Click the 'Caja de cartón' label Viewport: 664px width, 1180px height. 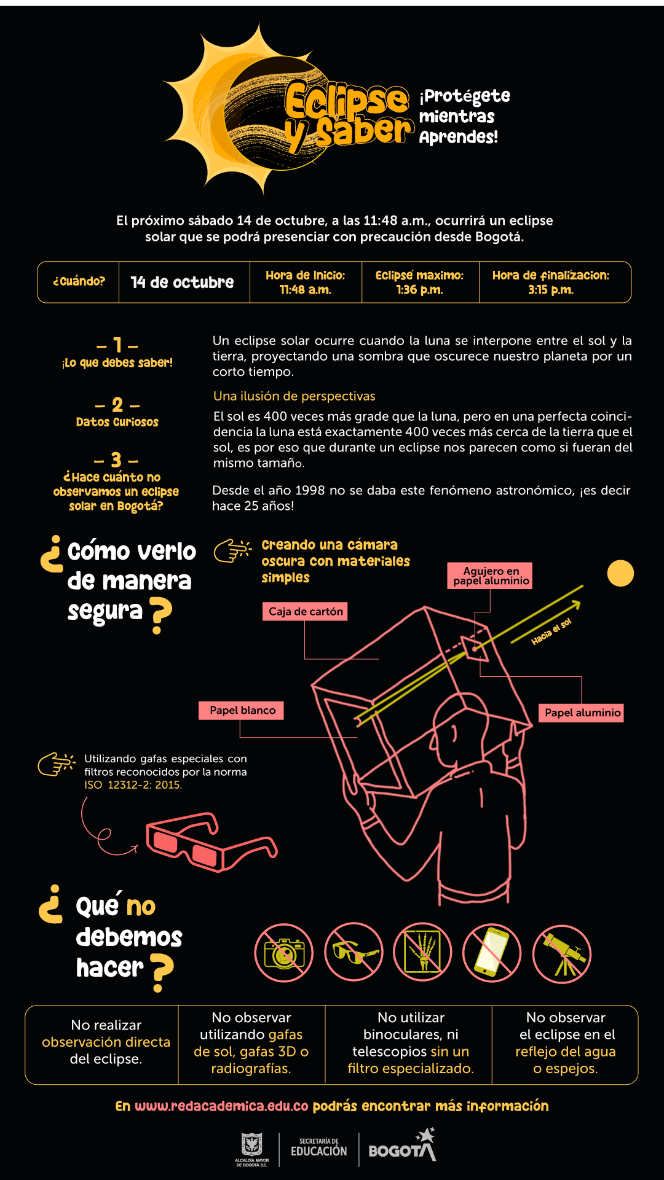coord(306,611)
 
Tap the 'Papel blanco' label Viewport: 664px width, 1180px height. coord(242,710)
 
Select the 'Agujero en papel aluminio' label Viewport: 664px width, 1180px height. coord(491,576)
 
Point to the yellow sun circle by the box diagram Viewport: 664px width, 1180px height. coord(620,573)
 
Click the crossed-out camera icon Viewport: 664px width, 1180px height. coord(284,953)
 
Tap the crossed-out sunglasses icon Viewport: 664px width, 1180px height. coord(354,952)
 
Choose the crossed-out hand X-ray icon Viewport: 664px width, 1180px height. coord(422,952)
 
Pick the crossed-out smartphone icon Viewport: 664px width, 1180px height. coord(492,953)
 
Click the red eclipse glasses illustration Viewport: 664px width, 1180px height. coord(209,842)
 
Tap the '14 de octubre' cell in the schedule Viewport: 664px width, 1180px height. coord(183,283)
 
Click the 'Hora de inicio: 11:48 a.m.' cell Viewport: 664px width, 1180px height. coord(305,283)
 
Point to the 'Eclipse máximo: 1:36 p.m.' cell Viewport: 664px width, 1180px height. coord(419,283)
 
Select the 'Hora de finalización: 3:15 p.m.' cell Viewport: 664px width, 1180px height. coord(551,283)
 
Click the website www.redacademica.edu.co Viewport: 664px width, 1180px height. coord(221,1106)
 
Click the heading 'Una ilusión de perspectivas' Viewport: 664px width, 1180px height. coord(294,396)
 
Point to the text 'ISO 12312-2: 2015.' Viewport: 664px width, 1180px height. coord(133,784)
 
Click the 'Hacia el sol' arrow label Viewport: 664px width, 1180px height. coord(551,632)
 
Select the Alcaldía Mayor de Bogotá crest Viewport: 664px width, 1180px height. coord(251,1146)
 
